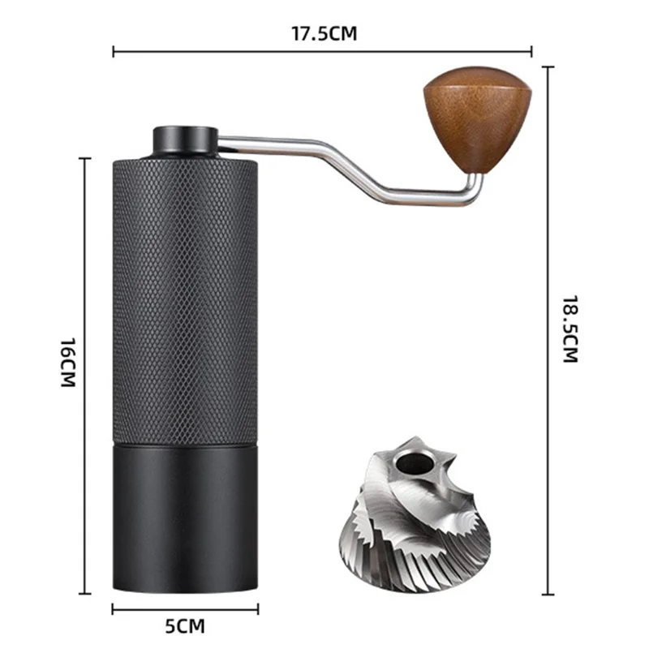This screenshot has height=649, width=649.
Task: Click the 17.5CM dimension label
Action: (x=324, y=33)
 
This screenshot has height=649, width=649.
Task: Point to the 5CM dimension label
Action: (x=184, y=625)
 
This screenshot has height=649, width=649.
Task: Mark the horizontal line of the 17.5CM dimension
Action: (x=243, y=53)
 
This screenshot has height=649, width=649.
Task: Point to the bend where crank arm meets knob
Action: (x=475, y=191)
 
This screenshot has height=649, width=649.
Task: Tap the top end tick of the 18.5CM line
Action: (x=549, y=68)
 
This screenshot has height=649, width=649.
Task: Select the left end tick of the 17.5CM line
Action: (x=114, y=53)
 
